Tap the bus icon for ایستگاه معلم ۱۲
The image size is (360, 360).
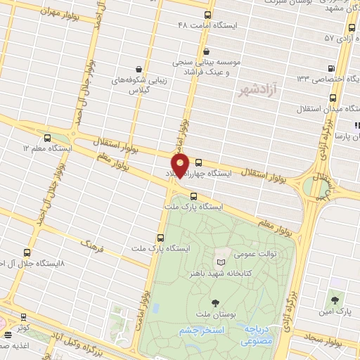tap(47, 139)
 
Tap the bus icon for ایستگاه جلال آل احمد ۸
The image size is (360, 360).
tap(27, 252)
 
